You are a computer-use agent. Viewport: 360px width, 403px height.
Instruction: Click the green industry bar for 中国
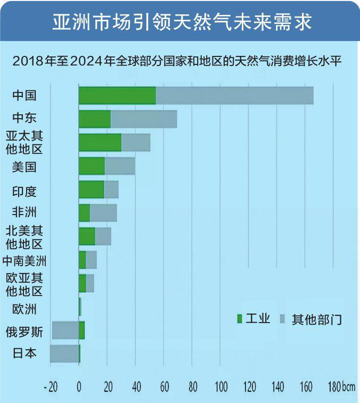point(117,95)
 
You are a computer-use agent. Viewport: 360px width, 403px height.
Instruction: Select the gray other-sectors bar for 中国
point(234,95)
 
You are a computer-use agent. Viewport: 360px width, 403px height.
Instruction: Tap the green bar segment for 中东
point(94,119)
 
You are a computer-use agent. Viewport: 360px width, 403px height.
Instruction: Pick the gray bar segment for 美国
point(120,166)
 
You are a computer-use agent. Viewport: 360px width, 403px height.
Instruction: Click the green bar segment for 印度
point(91,190)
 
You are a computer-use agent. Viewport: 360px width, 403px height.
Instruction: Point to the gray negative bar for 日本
point(64,353)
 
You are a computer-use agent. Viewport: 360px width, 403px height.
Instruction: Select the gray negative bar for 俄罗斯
point(65,330)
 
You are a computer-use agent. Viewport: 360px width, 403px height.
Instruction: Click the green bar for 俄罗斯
point(81,330)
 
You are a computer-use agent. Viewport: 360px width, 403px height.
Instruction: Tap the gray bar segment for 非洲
point(103,213)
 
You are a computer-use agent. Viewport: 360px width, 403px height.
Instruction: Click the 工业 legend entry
point(254,319)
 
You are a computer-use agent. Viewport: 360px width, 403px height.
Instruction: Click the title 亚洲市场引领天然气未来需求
point(180,22)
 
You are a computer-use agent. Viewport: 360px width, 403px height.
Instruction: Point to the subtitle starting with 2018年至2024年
point(180,61)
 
